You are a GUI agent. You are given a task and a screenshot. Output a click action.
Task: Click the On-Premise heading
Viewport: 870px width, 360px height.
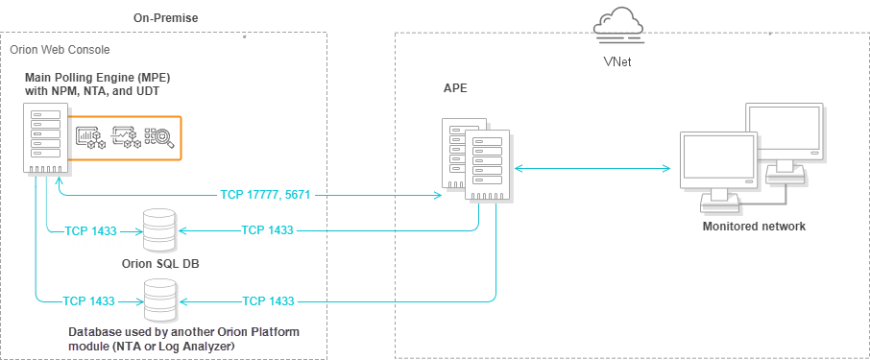pyautogui.click(x=165, y=18)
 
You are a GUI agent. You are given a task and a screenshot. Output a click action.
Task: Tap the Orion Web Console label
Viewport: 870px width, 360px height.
pyautogui.click(x=60, y=50)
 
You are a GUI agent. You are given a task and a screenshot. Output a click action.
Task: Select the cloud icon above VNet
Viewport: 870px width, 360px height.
pyautogui.click(x=618, y=27)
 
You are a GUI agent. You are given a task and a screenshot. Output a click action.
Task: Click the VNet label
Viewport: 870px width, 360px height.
pyautogui.click(x=617, y=62)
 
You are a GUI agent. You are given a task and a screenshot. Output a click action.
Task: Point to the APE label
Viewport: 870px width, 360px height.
pyautogui.click(x=455, y=89)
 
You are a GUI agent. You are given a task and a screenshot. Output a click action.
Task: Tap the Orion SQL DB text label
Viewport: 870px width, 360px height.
pyautogui.click(x=160, y=264)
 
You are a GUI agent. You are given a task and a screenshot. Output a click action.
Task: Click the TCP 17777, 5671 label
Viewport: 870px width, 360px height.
pyautogui.click(x=265, y=195)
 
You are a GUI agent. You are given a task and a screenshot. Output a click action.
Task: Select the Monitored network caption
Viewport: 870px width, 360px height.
pyautogui.click(x=754, y=227)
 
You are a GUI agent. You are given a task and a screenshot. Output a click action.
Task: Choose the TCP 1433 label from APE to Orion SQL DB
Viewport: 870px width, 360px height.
pyautogui.click(x=268, y=229)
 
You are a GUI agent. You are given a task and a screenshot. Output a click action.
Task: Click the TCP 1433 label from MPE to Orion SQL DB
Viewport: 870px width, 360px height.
pyautogui.click(x=91, y=230)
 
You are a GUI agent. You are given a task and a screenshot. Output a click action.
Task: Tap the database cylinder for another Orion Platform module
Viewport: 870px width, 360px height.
pyautogui.click(x=160, y=300)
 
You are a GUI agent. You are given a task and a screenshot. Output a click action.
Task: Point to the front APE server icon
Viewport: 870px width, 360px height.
pyautogui.click(x=487, y=165)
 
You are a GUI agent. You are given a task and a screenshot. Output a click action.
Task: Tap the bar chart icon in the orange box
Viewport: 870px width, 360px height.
pyautogui.click(x=86, y=137)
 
